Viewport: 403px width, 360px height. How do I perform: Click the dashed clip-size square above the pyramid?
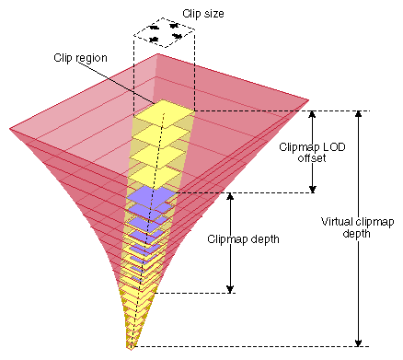164,35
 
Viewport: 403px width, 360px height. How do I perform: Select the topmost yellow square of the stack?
163,111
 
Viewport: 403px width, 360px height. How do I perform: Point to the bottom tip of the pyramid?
131,347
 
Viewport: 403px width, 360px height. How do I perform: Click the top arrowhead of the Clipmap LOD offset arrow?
313,116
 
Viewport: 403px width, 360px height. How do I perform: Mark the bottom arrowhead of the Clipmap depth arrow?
230,288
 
